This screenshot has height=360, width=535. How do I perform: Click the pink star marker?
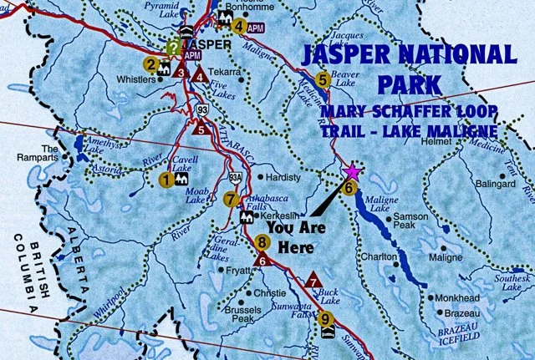point(352,171)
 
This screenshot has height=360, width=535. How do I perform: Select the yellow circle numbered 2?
point(150,63)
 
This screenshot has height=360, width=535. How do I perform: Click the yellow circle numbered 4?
point(239,26)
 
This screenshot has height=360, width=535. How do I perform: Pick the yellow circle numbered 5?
point(323,80)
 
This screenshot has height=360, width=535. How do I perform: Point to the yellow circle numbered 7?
point(231,198)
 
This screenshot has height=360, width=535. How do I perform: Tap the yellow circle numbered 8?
point(262,243)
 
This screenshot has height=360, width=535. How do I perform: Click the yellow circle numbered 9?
point(325,318)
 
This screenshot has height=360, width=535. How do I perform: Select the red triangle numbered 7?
point(313,280)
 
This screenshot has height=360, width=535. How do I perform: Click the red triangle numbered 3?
point(181,73)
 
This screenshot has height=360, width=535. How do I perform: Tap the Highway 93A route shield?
point(236,177)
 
